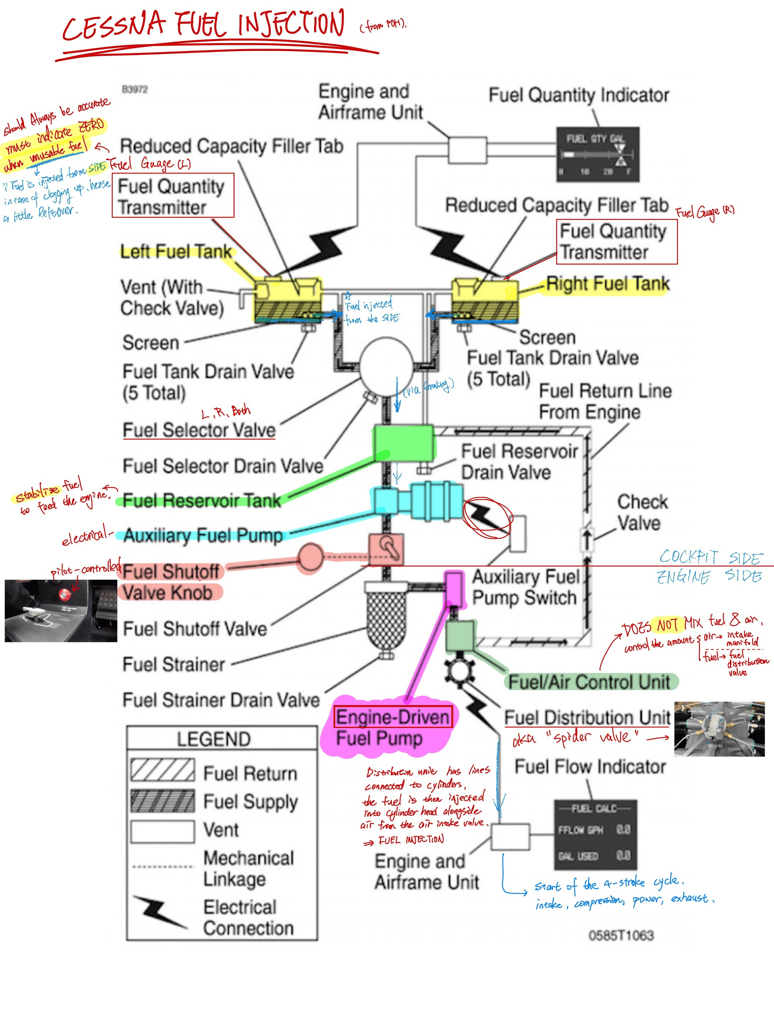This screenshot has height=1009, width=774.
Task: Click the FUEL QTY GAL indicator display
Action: [597, 154]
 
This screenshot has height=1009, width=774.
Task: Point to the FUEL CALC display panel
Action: [595, 835]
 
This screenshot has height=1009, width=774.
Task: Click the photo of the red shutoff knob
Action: [61, 610]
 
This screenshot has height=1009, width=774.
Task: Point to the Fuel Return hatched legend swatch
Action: [162, 770]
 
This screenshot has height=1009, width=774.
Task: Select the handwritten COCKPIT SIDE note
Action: [710, 557]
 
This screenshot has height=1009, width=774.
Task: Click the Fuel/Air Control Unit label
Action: [589, 682]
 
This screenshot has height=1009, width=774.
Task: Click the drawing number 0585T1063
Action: [621, 935]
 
